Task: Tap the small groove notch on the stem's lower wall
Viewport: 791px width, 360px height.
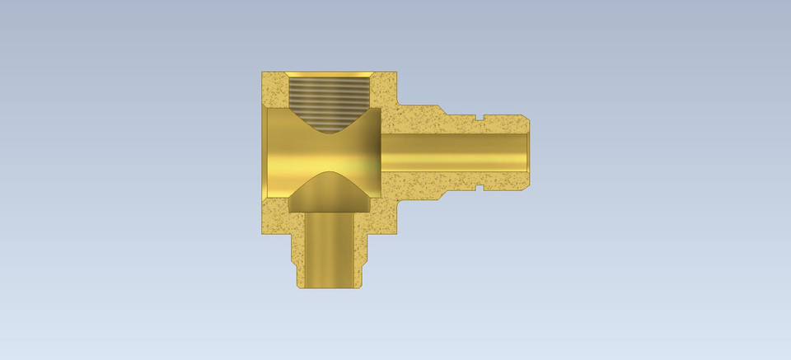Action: [478, 187]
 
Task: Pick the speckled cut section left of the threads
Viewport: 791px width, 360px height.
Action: [274, 89]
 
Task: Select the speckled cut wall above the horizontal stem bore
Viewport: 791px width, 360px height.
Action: [428, 122]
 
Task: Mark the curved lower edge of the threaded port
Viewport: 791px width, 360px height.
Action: [330, 130]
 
